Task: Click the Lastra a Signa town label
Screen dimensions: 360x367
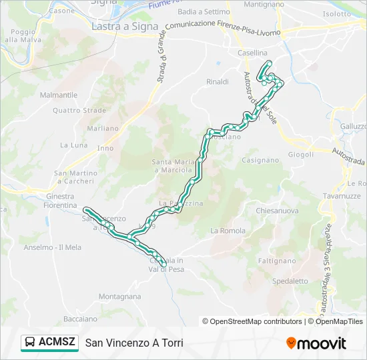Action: (x=125, y=26)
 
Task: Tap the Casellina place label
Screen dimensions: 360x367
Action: (x=252, y=53)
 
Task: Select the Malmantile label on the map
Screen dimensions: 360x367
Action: (x=59, y=95)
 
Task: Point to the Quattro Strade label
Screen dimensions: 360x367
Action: (x=79, y=111)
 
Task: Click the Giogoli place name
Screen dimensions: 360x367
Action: (x=301, y=155)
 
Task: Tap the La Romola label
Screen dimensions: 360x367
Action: (x=228, y=231)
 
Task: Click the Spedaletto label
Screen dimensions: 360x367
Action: (x=290, y=281)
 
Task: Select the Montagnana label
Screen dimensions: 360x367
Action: (x=119, y=297)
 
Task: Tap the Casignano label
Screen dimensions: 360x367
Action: (x=260, y=160)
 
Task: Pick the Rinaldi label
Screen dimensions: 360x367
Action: (x=218, y=81)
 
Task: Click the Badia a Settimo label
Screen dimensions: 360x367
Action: (x=204, y=12)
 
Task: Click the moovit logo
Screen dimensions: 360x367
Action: (x=316, y=343)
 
